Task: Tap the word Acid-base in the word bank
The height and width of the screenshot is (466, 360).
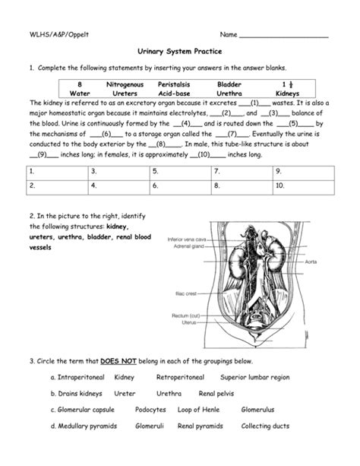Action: pos(174,94)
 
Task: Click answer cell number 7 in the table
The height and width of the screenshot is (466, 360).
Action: pos(241,172)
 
